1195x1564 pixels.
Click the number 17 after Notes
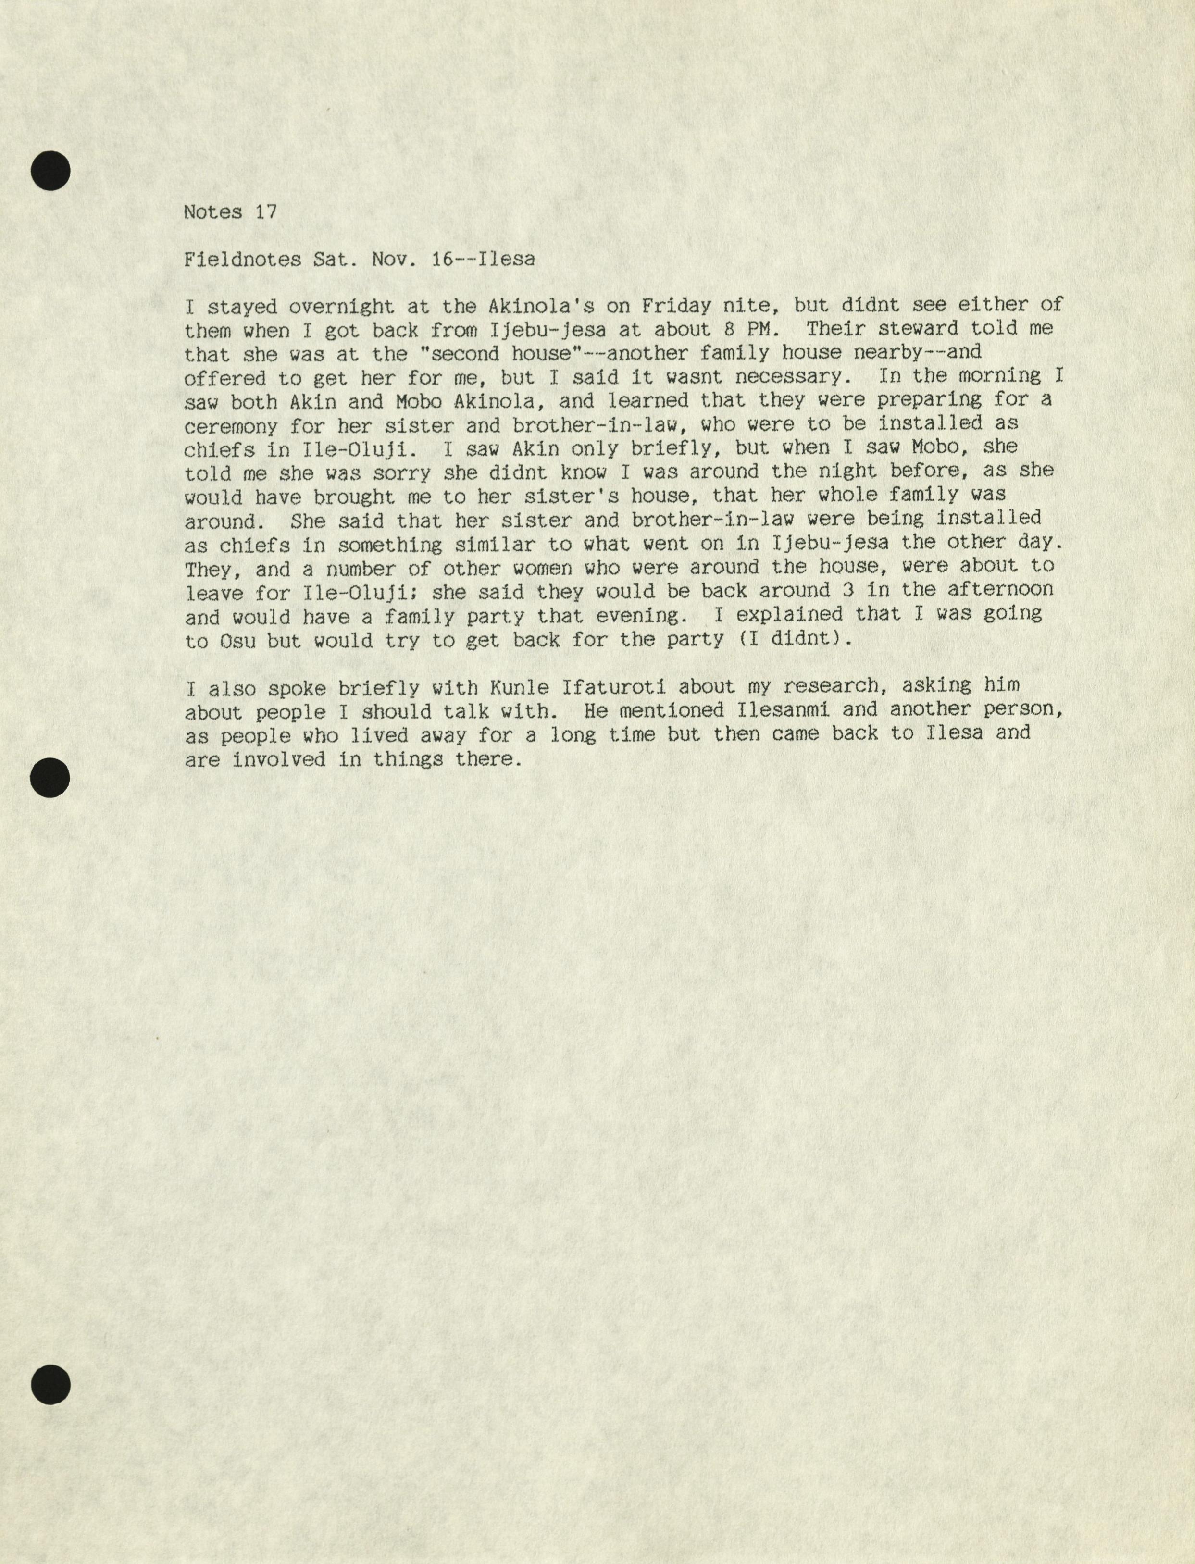[265, 212]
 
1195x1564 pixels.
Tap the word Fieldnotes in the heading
[242, 260]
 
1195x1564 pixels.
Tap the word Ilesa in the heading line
[506, 260]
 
